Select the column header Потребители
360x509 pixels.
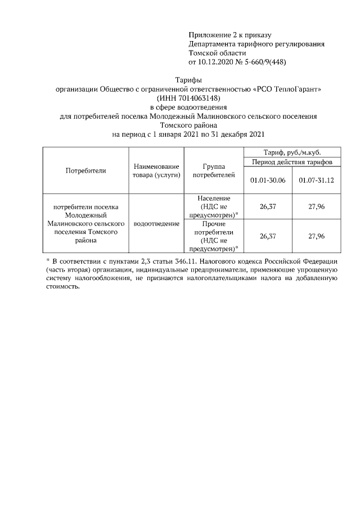click(85, 170)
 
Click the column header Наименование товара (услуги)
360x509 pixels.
click(156, 170)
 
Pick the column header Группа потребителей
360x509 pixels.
click(213, 170)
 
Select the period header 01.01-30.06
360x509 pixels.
click(268, 180)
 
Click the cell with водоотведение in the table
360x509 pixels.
click(156, 223)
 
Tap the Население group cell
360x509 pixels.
click(213, 206)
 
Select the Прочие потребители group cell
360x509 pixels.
click(213, 236)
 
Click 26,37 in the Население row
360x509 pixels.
click(268, 206)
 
